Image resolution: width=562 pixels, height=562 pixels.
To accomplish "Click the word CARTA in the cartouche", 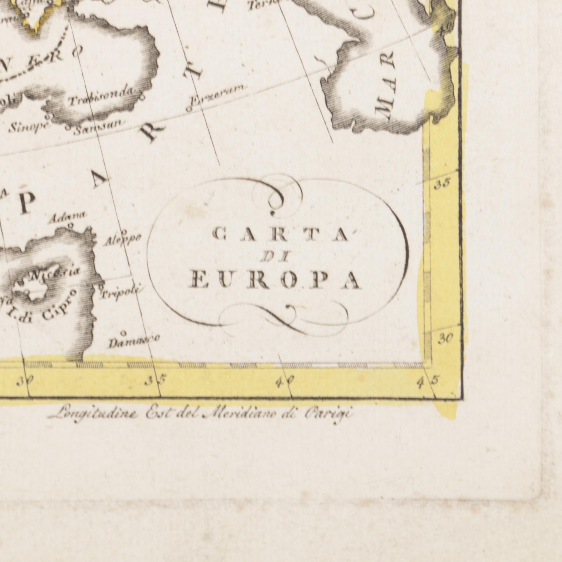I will (x=281, y=235).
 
